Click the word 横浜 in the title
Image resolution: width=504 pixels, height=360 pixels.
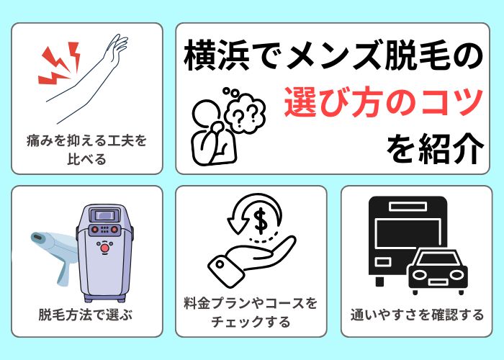pos(213,57)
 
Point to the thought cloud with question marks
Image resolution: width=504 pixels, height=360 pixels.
pos(246,107)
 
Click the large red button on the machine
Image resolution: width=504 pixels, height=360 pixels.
pos(107,249)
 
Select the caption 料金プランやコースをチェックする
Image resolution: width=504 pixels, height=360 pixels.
pos(251,313)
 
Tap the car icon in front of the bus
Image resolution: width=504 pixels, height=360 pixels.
pos(438,271)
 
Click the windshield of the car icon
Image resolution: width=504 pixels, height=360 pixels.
pos(438,258)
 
